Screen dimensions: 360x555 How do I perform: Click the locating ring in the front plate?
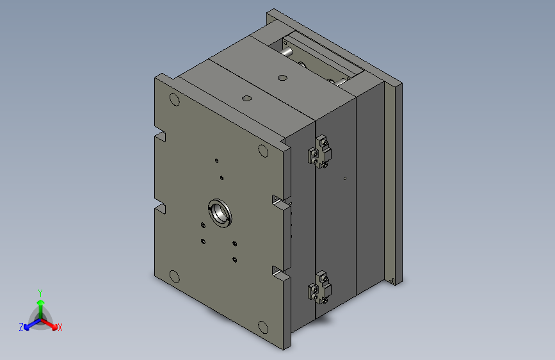pos(219,213)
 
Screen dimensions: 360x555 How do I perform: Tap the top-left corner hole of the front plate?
pos(173,100)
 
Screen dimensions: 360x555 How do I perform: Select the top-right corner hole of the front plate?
pos(263,151)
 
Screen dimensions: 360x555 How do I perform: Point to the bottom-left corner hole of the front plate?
pos(173,277)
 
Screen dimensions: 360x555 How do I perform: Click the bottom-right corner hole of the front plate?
pos(262,327)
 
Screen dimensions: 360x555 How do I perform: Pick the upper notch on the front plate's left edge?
pos(160,136)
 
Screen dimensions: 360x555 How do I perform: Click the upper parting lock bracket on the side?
pos(321,152)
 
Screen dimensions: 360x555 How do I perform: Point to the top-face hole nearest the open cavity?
pos(281,78)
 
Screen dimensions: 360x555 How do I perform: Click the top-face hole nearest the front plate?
pos(246,99)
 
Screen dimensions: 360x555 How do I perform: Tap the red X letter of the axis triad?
pos(60,328)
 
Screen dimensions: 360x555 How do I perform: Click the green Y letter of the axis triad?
pos(40,291)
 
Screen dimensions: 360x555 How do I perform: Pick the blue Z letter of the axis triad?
pos(21,327)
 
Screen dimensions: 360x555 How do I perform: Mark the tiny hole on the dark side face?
pos(345,178)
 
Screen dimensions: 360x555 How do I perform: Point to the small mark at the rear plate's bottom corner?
pos(392,280)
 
